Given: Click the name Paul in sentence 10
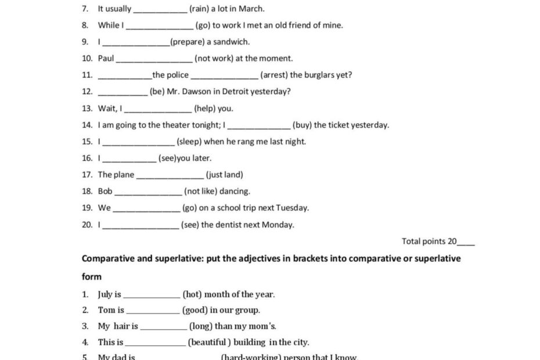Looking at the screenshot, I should click(x=106, y=58).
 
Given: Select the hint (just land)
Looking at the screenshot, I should click(x=225, y=174).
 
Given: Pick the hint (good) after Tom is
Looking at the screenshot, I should click(x=195, y=310).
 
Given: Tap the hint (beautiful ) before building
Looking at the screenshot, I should click(x=209, y=342).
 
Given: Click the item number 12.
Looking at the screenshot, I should click(x=87, y=91).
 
